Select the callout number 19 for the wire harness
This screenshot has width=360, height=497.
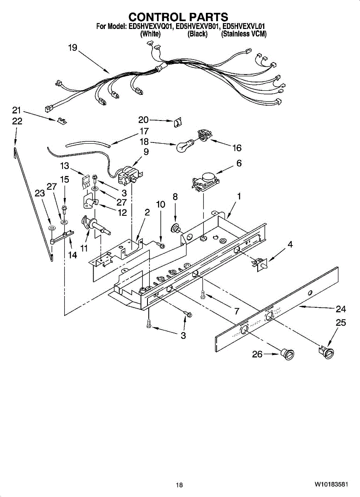tap(72, 48)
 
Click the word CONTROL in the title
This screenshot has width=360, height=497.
tap(152, 17)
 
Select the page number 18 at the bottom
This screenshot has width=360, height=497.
tap(179, 485)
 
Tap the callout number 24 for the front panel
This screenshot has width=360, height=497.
tap(341, 309)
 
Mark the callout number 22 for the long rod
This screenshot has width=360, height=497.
tap(17, 121)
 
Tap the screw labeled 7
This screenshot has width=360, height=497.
tap(203, 294)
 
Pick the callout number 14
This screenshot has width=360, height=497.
tap(72, 256)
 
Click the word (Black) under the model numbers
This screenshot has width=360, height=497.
tap(198, 34)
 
